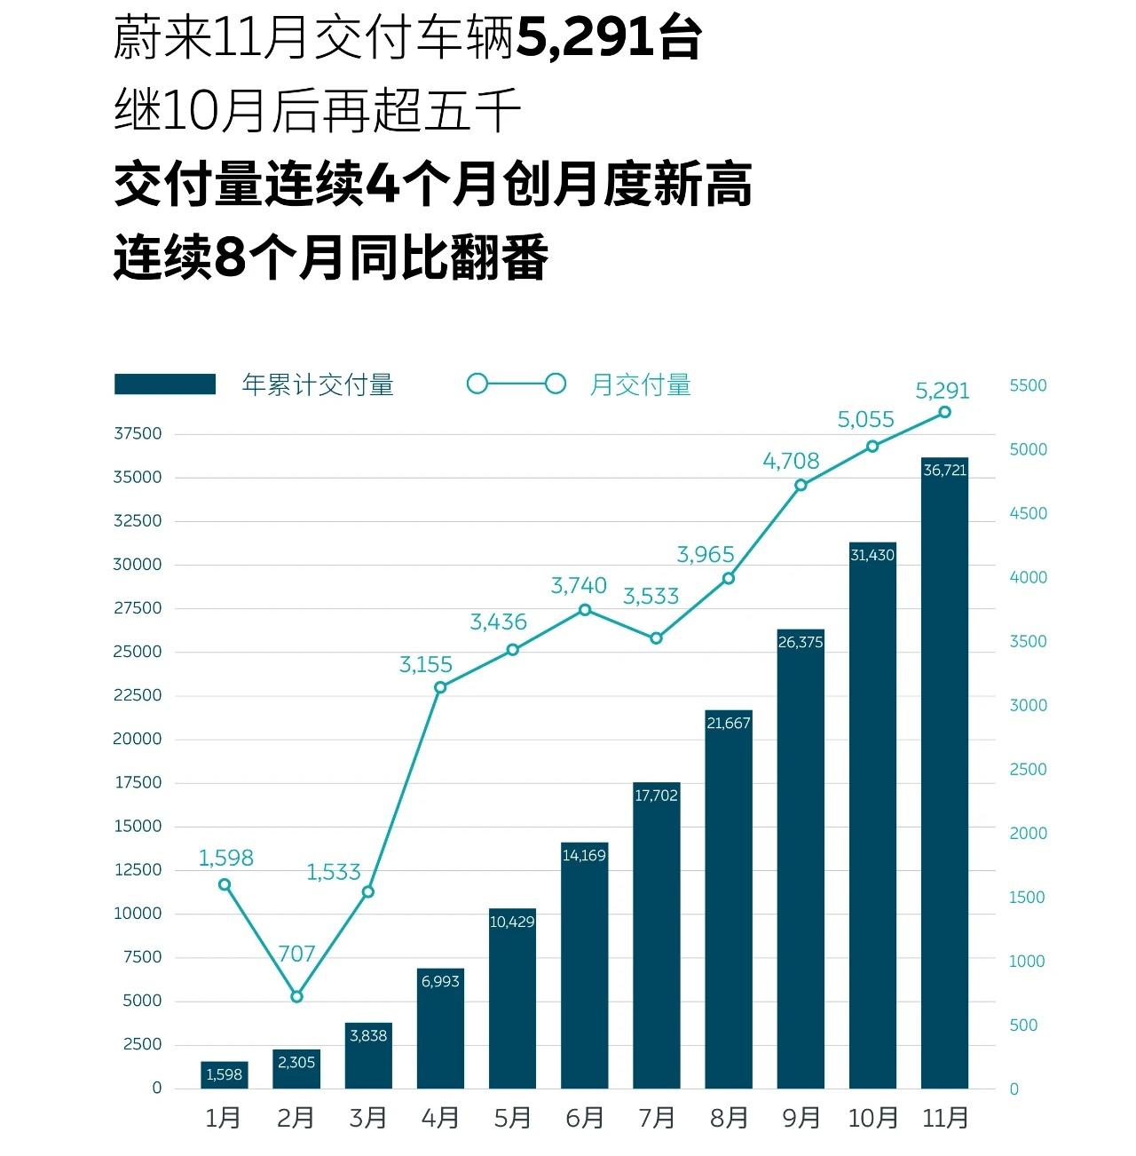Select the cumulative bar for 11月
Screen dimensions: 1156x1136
click(x=944, y=772)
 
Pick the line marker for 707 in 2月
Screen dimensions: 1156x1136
click(x=296, y=996)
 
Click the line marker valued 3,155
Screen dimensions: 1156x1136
click(x=440, y=687)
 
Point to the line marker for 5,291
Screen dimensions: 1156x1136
click(x=944, y=412)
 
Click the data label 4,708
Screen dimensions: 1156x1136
click(x=791, y=461)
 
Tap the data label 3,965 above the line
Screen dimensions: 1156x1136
click(x=706, y=555)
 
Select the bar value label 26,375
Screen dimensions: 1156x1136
click(x=801, y=642)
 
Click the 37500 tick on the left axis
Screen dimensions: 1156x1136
click(x=138, y=433)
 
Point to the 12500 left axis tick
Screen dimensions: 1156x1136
click(x=138, y=870)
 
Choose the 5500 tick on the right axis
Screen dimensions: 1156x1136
click(x=1028, y=385)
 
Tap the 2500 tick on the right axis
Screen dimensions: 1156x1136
click(x=1028, y=769)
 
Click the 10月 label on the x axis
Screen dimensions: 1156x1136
click(x=872, y=1118)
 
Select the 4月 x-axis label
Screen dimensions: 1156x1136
click(x=440, y=1118)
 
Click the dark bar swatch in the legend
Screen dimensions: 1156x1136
click(x=165, y=384)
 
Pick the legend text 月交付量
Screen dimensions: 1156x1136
click(x=640, y=384)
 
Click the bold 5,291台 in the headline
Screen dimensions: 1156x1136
click(x=609, y=39)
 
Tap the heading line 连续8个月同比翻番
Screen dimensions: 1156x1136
click(x=331, y=257)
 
